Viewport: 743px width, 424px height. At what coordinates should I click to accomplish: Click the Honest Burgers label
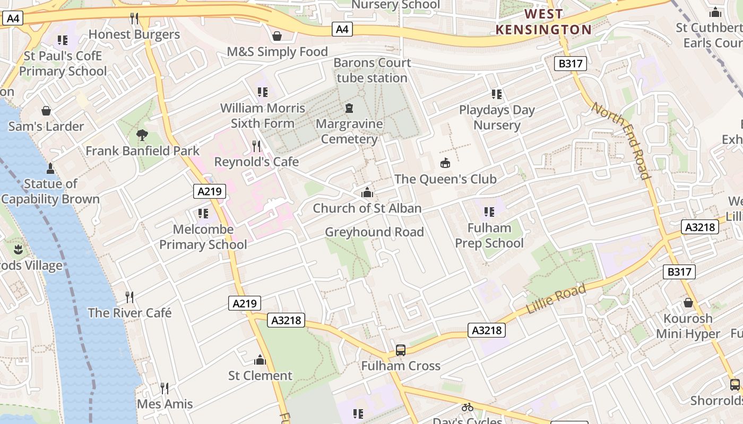pyautogui.click(x=134, y=34)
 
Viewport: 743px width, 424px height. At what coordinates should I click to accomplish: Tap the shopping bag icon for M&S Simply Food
pyautogui.click(x=277, y=36)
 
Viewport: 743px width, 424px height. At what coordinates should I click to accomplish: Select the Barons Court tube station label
pyautogui.click(x=372, y=70)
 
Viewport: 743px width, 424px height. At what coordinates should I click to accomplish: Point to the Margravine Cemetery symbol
pyautogui.click(x=349, y=109)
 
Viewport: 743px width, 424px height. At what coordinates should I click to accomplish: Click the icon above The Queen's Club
pyautogui.click(x=445, y=163)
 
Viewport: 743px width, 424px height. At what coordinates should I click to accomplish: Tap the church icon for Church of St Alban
pyautogui.click(x=367, y=193)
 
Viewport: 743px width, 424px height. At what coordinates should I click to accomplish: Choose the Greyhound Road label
pyautogui.click(x=374, y=232)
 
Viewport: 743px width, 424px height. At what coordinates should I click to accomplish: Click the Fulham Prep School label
pyautogui.click(x=489, y=235)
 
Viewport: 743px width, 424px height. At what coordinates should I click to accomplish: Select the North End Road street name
pyautogui.click(x=620, y=140)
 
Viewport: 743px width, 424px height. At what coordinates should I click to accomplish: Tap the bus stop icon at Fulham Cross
pyautogui.click(x=401, y=350)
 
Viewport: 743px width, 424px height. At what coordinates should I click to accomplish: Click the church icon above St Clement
pyautogui.click(x=260, y=360)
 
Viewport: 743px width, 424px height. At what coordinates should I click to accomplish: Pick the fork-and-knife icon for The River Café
pyautogui.click(x=129, y=297)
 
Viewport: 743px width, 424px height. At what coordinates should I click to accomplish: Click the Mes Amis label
pyautogui.click(x=165, y=404)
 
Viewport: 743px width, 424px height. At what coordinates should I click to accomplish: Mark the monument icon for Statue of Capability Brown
pyautogui.click(x=50, y=169)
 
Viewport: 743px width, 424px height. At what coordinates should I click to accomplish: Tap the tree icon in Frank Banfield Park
pyautogui.click(x=142, y=135)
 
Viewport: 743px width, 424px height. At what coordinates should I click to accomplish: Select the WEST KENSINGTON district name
pyautogui.click(x=543, y=22)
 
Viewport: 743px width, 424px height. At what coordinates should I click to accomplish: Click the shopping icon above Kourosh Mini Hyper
pyautogui.click(x=688, y=303)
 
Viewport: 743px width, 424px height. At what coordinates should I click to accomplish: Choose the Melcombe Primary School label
pyautogui.click(x=203, y=236)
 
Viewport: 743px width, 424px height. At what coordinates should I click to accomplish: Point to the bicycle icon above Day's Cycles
pyautogui.click(x=467, y=407)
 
